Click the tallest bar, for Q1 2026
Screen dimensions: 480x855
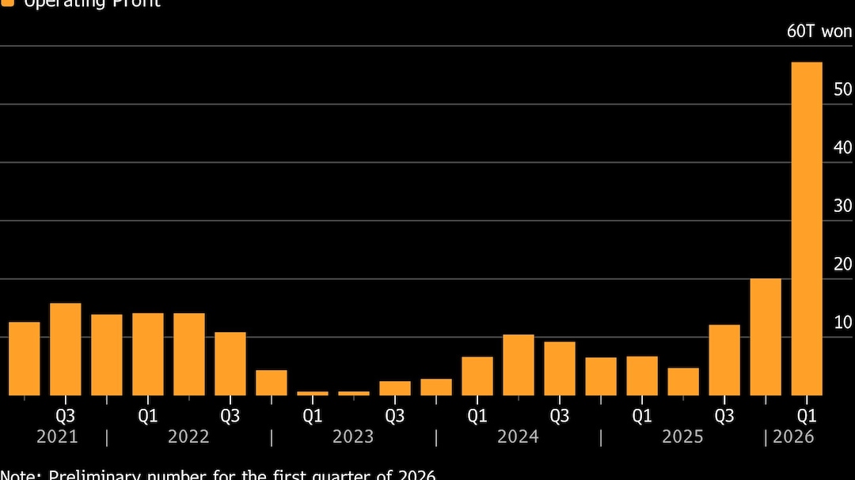point(807,229)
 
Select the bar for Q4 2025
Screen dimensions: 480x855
point(766,337)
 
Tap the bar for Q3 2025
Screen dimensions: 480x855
point(724,360)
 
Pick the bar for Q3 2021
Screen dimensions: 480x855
point(66,349)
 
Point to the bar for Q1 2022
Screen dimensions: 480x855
point(148,354)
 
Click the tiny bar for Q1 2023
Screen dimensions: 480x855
point(313,393)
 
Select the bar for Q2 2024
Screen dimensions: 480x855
point(519,365)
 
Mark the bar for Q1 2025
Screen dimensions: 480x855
point(642,376)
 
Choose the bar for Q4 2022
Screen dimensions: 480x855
point(272,383)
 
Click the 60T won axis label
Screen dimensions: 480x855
point(819,32)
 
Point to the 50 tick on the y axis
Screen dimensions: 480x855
point(843,89)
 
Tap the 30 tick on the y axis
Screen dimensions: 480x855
point(843,206)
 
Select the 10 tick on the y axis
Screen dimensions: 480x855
point(843,322)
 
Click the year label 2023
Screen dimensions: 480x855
point(353,437)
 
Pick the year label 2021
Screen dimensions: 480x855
point(57,437)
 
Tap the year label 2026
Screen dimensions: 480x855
point(793,437)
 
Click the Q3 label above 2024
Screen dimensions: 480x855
point(560,415)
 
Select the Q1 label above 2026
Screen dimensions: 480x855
point(807,415)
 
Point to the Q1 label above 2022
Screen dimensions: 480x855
point(148,415)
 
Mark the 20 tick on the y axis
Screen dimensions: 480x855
point(843,264)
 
